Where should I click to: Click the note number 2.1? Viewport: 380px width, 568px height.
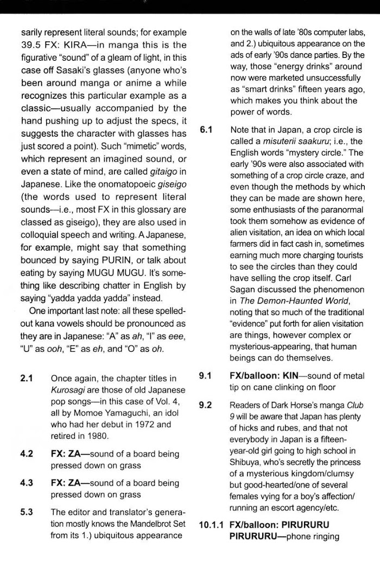point(27,378)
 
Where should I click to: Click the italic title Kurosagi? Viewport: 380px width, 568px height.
point(68,390)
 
